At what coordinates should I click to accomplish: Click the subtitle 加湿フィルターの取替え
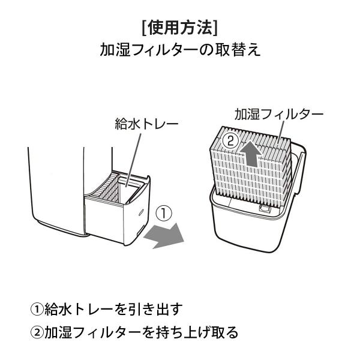tap(180, 50)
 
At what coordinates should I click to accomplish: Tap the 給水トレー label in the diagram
tap(146, 124)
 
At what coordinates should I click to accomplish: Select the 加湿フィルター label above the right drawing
tap(278, 113)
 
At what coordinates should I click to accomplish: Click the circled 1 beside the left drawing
tap(164, 214)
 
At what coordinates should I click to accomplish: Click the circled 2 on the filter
tap(229, 142)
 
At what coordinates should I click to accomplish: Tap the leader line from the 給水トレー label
tap(136, 156)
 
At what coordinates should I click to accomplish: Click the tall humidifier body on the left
tap(57, 186)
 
